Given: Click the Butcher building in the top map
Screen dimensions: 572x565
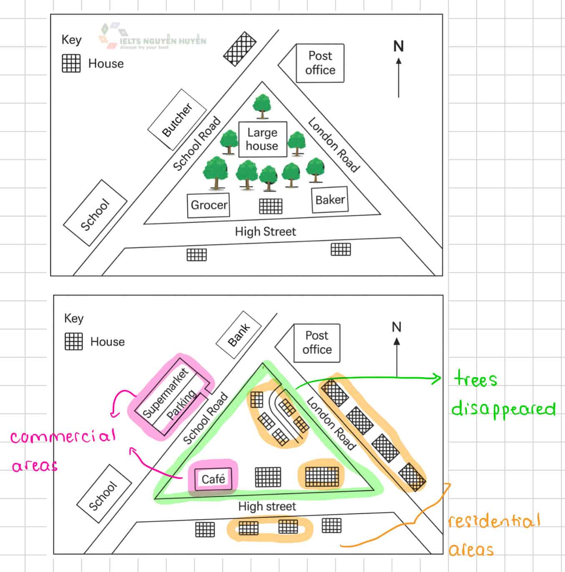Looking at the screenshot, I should (x=177, y=120).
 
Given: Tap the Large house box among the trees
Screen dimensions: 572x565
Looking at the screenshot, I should (x=262, y=139).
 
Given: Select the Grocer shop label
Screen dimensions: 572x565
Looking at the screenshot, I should (x=208, y=205).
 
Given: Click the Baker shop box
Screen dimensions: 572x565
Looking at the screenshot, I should (x=330, y=200).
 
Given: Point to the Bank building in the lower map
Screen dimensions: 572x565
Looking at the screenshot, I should (x=239, y=335).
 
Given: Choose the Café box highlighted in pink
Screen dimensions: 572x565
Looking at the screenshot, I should (x=213, y=479).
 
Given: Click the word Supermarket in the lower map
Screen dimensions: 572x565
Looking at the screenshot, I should (x=166, y=393).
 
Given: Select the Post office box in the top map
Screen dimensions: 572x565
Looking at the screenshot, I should (x=320, y=63).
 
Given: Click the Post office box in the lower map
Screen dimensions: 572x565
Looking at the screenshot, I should (x=317, y=343).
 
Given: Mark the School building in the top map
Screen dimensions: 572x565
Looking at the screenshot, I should (x=95, y=214).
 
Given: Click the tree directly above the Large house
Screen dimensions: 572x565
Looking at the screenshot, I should (x=262, y=106).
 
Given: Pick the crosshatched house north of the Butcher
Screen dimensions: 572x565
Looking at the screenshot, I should (x=240, y=49).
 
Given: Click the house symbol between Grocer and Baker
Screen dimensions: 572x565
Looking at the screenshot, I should (x=271, y=206).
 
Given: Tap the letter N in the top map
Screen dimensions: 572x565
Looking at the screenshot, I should (x=399, y=46).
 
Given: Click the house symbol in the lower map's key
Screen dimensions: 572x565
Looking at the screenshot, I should (x=74, y=342).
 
